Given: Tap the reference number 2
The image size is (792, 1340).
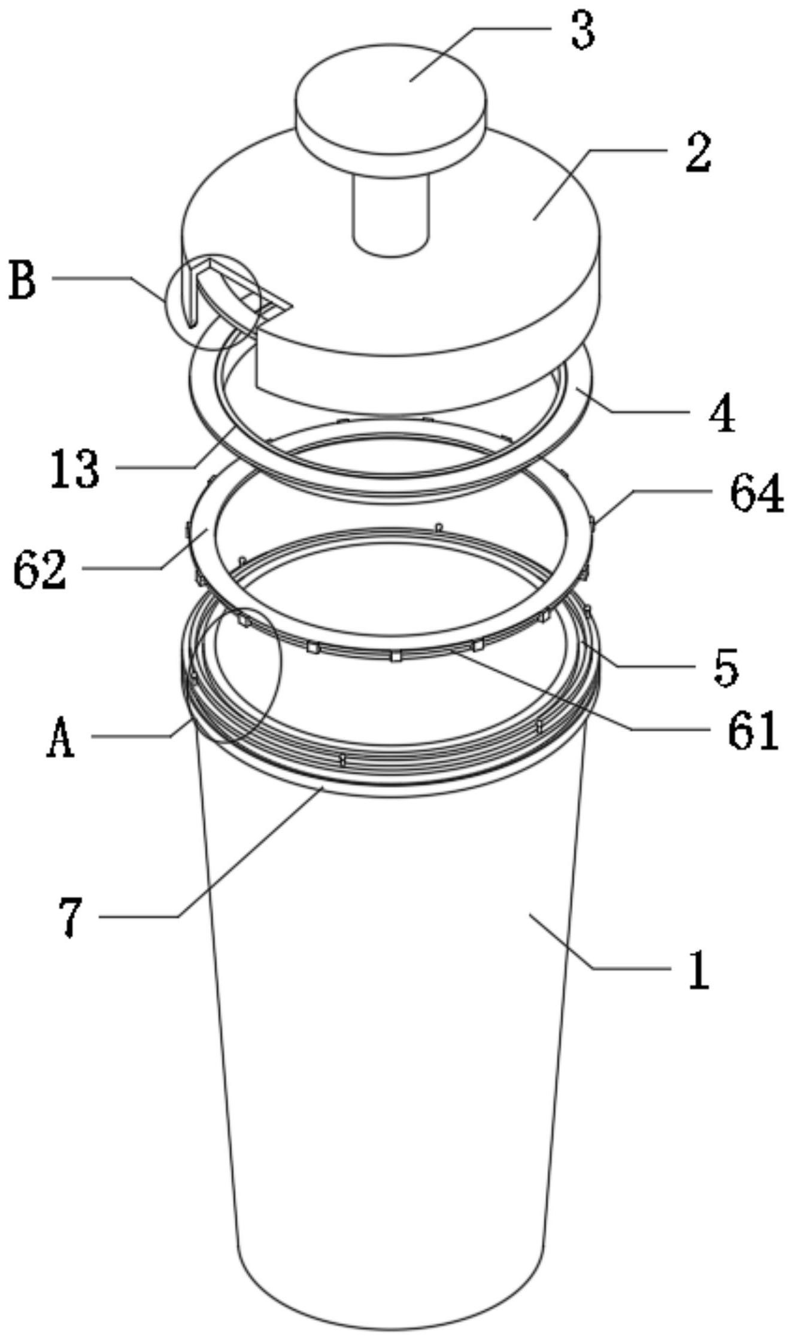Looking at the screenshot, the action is click(698, 154).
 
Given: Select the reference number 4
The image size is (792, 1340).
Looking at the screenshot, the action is click(722, 414).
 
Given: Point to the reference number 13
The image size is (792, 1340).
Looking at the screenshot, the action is click(75, 470).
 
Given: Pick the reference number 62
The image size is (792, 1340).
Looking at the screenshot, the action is click(40, 571).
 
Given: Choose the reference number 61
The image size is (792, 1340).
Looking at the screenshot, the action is click(753, 731).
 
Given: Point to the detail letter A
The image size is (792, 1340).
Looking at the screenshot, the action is click(60, 739).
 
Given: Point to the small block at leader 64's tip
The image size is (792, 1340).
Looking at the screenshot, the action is click(591, 525).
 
